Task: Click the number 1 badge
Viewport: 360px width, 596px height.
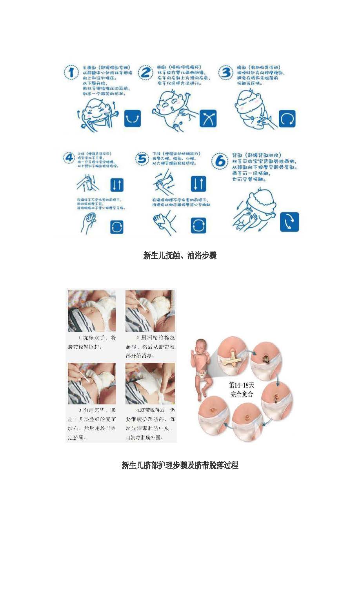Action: (x=71, y=72)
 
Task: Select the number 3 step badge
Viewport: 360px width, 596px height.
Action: (x=225, y=72)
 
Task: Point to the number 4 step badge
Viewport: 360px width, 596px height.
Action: (x=69, y=158)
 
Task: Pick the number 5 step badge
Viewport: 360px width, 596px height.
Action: (x=142, y=159)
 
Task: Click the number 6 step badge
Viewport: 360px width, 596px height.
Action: (x=220, y=161)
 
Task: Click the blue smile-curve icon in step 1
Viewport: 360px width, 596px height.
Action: (x=133, y=118)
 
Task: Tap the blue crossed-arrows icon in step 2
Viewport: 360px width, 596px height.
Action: (x=208, y=118)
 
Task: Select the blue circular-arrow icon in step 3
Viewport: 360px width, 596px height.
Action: (x=287, y=118)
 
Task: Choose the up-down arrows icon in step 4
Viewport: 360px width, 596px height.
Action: (x=116, y=185)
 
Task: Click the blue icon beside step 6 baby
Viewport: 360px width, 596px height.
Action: (x=289, y=222)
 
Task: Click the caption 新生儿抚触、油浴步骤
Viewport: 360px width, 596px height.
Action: (x=180, y=255)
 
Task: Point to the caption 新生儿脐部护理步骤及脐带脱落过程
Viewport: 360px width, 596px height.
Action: (x=180, y=465)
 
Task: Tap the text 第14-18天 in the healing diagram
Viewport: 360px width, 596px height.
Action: (x=242, y=385)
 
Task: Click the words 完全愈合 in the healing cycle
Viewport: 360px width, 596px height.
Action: (x=242, y=394)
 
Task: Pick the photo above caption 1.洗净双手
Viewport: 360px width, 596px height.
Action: (x=92, y=311)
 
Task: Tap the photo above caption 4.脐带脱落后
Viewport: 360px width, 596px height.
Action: (x=150, y=383)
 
